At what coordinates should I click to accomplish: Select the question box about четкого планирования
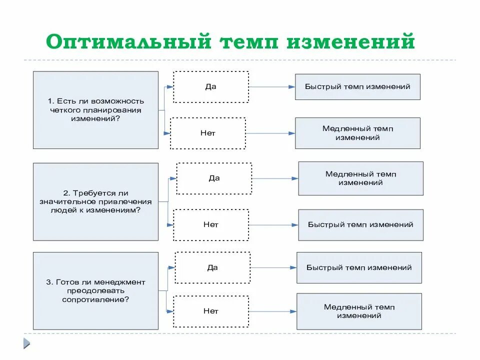point(95,110)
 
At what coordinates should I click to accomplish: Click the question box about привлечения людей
point(95,201)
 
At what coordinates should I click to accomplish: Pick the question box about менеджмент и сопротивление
point(95,291)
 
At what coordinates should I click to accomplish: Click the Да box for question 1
point(210,87)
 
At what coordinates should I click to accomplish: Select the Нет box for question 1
point(208,133)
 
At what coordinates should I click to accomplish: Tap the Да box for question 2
point(214,178)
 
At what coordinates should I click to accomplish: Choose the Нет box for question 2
point(211,225)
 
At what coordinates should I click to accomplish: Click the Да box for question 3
point(212,268)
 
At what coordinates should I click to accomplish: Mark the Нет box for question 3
point(211,311)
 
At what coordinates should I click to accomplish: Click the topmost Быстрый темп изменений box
point(357,87)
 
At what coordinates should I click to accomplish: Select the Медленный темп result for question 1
point(357,133)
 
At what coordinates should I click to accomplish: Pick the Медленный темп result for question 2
point(360,178)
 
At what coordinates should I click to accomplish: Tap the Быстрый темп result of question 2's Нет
point(360,225)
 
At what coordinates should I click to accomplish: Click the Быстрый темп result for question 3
point(359,268)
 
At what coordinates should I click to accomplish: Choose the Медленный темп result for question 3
point(359,311)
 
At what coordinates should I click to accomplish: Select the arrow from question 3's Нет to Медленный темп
point(272,311)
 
